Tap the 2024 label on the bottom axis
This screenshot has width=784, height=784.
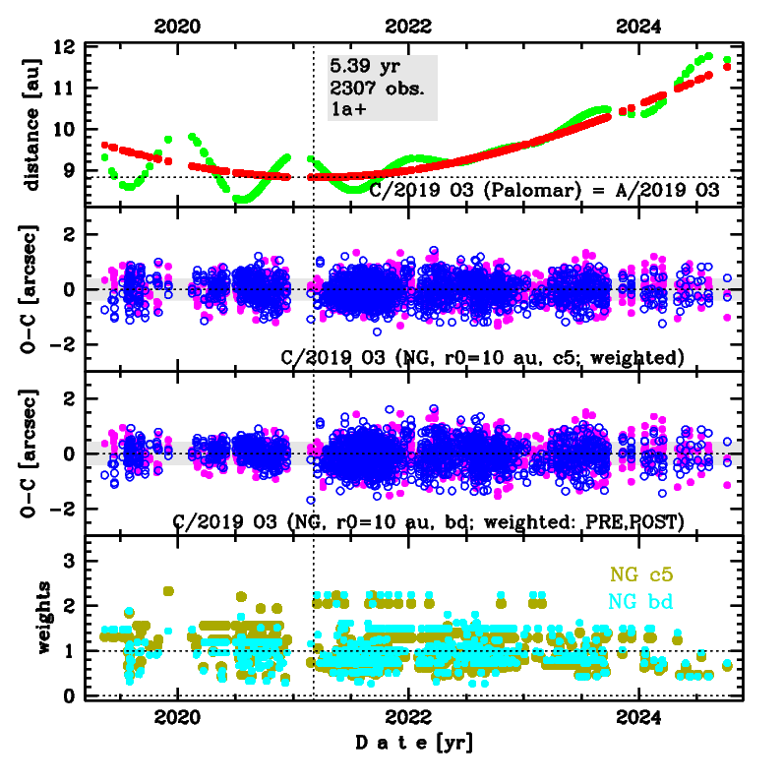[640, 716]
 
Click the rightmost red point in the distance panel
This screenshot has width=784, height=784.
[727, 67]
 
